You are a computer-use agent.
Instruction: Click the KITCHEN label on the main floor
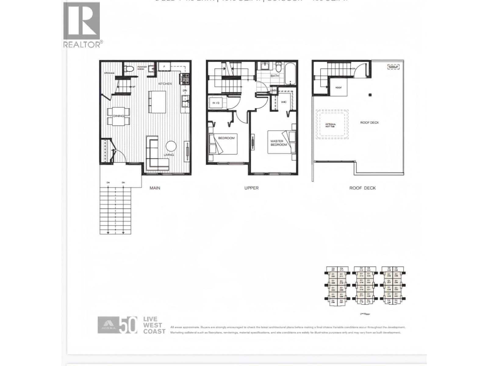[x=165, y=84]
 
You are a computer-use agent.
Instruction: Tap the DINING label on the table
[x=118, y=116]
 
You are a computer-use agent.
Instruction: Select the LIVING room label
[x=168, y=155]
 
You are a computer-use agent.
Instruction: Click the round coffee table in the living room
[x=171, y=146]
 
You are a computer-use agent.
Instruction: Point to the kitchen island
[x=157, y=102]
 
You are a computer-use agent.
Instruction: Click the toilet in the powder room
[x=129, y=69]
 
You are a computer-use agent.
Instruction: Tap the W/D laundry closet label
[x=216, y=103]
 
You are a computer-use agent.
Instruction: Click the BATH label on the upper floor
[x=274, y=76]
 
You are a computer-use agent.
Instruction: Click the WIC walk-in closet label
[x=284, y=102]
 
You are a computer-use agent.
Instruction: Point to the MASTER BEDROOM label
[x=278, y=143]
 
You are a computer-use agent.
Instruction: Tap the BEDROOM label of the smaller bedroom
[x=226, y=138]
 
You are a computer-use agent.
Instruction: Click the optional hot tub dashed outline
[x=332, y=124]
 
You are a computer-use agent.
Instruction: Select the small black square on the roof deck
[x=370, y=95]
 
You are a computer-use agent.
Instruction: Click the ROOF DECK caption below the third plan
[x=362, y=188]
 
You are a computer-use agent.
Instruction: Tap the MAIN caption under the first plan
[x=155, y=188]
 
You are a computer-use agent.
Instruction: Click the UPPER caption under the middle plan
[x=251, y=188]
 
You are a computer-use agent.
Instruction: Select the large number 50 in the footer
[x=128, y=326]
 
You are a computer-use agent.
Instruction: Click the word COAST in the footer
[x=154, y=331]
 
